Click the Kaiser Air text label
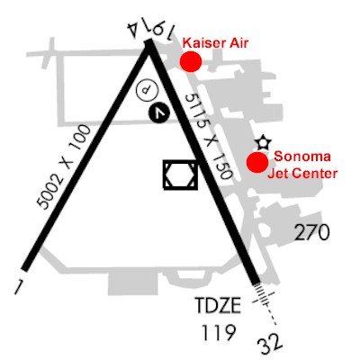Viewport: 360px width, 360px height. click(x=216, y=43)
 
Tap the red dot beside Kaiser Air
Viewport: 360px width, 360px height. click(x=191, y=61)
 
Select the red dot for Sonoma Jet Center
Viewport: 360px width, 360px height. click(x=257, y=162)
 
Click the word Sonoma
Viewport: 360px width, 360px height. click(x=302, y=157)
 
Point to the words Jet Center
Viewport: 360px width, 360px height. click(x=302, y=174)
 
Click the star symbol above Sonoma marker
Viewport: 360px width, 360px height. click(x=264, y=143)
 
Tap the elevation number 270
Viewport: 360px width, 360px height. click(x=312, y=233)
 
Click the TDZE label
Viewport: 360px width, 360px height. click(x=218, y=305)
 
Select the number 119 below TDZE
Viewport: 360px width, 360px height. click(x=218, y=332)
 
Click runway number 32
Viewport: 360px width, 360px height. click(x=270, y=346)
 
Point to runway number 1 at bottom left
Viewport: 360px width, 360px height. click(x=18, y=287)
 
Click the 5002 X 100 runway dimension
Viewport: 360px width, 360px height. click(x=64, y=167)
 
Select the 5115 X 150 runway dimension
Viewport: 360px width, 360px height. click(x=209, y=137)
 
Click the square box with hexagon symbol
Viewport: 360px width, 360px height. click(x=181, y=175)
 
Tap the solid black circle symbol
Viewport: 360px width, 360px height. click(x=159, y=112)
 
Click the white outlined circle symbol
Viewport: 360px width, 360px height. click(x=147, y=90)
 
